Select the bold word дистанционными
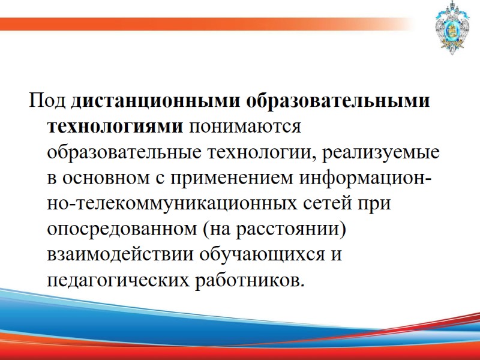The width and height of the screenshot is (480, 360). [153, 101]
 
